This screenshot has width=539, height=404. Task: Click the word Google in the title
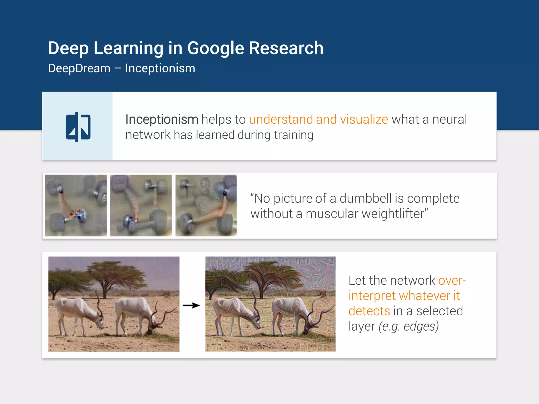click(x=216, y=48)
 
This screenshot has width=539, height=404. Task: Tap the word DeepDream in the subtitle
click(x=79, y=68)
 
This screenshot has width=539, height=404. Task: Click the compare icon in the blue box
click(x=78, y=127)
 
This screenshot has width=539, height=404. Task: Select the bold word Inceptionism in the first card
click(x=162, y=119)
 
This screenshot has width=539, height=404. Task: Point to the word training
click(x=293, y=135)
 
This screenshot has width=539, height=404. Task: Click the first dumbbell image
click(x=76, y=205)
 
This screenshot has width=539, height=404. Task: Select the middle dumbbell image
click(x=141, y=205)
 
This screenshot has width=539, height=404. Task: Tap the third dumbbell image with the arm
click(x=206, y=205)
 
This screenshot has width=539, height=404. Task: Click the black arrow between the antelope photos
click(x=192, y=305)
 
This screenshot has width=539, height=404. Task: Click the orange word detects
click(x=369, y=311)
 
